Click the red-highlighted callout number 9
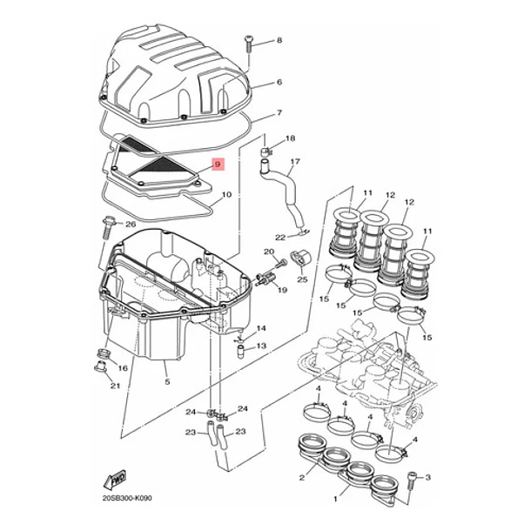[218, 165]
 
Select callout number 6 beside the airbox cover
[279, 83]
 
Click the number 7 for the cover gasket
[279, 112]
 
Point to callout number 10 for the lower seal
[226, 195]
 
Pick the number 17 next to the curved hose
[295, 162]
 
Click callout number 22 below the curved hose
[280, 238]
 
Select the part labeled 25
[300, 259]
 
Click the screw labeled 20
[281, 263]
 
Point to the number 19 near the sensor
[282, 290]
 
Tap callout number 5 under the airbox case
[167, 382]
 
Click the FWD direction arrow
[115, 479]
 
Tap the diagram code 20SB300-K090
[127, 498]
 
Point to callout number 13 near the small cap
[261, 346]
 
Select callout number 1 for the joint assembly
[336, 499]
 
